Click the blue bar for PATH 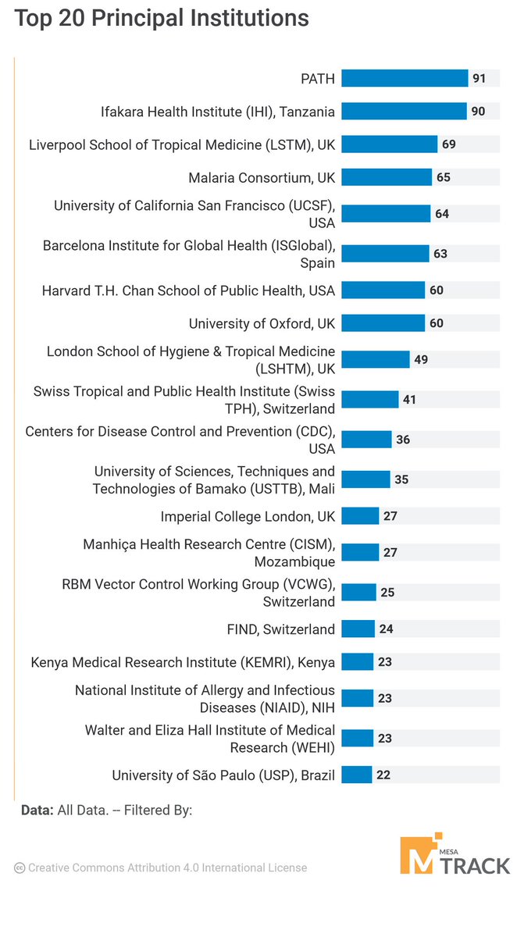[x=405, y=78]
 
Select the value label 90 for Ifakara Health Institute [x=478, y=112]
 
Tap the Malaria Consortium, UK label [x=262, y=178]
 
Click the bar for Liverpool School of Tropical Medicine [x=389, y=144]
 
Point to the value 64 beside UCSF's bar [x=441, y=214]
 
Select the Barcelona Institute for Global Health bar [x=385, y=254]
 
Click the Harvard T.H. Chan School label [x=188, y=290]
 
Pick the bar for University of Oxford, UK [x=383, y=323]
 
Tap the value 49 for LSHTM [x=422, y=360]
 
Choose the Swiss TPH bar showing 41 [x=369, y=400]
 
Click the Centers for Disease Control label [x=180, y=440]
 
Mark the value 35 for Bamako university [x=401, y=479]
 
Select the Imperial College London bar [x=360, y=516]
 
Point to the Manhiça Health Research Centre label [x=209, y=552]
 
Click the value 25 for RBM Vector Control [x=387, y=593]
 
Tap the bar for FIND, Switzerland [x=358, y=629]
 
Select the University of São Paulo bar [x=356, y=775]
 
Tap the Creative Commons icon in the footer [x=20, y=868]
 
